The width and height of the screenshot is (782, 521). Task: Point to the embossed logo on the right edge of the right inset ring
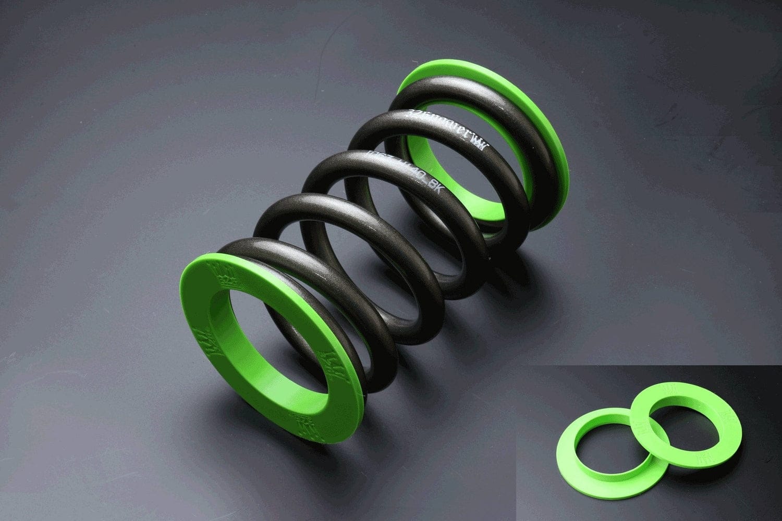[725, 417]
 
